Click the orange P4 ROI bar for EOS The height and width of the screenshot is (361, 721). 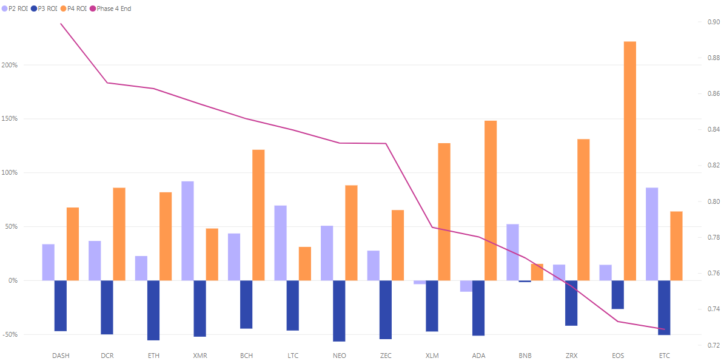click(630, 161)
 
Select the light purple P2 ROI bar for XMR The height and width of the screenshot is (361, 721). click(187, 231)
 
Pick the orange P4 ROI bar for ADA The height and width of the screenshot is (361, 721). click(491, 200)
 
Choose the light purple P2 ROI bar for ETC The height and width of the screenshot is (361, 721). click(652, 234)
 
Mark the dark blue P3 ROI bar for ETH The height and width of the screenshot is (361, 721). click(153, 310)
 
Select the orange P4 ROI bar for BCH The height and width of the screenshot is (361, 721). click(258, 215)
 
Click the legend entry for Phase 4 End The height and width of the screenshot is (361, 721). click(113, 9)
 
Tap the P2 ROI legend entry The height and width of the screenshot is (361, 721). click(16, 9)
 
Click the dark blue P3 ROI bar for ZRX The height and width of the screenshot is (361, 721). click(571, 303)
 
